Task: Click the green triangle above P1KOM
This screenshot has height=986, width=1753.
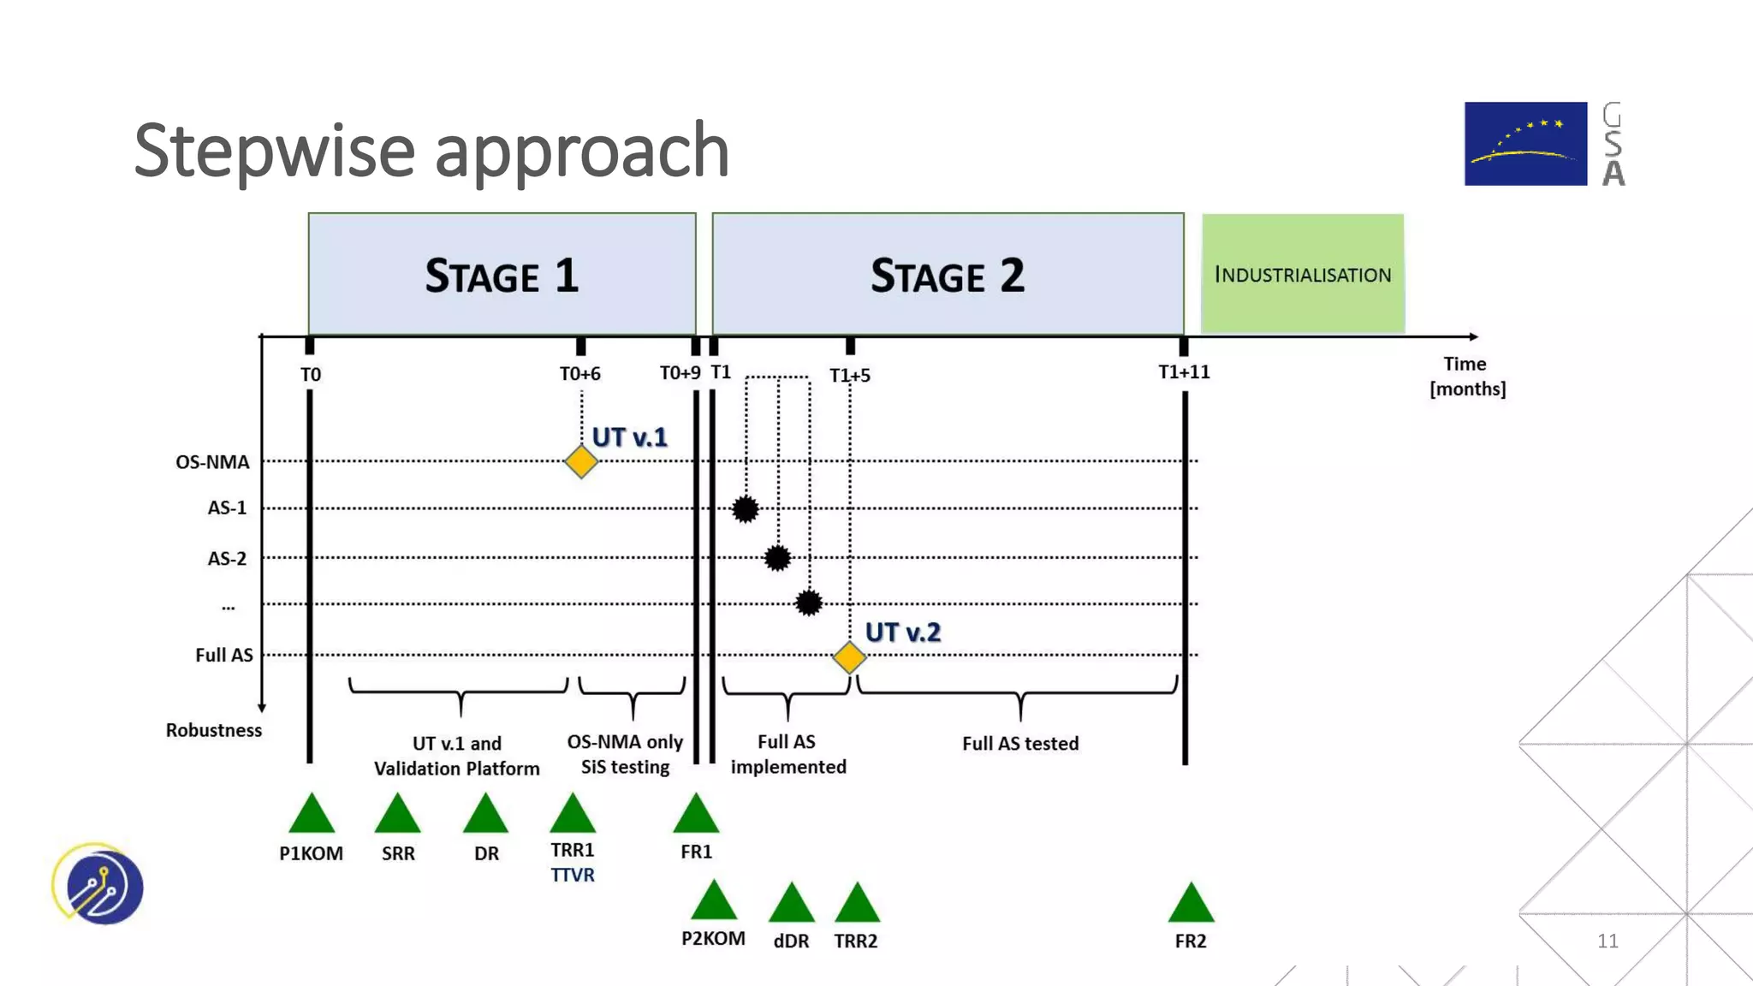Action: pyautogui.click(x=312, y=816)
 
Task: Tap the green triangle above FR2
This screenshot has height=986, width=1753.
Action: pyautogui.click(x=1191, y=905)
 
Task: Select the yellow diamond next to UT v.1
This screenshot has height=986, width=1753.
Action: pyautogui.click(x=581, y=462)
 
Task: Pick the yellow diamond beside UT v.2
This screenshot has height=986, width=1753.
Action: pyautogui.click(x=849, y=657)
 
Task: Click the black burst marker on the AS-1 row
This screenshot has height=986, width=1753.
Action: pyautogui.click(x=746, y=509)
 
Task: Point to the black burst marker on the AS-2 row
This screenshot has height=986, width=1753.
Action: pyautogui.click(x=777, y=558)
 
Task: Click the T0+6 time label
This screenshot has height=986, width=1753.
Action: pyautogui.click(x=579, y=374)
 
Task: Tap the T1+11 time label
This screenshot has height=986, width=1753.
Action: pyautogui.click(x=1184, y=372)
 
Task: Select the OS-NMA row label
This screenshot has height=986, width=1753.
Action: pyautogui.click(x=212, y=462)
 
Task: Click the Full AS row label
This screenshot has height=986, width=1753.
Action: pyautogui.click(x=223, y=655)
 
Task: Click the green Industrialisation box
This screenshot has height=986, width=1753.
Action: pyautogui.click(x=1302, y=274)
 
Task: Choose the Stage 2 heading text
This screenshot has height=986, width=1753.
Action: pyautogui.click(x=947, y=276)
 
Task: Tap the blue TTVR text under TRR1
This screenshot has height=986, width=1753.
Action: pyautogui.click(x=572, y=875)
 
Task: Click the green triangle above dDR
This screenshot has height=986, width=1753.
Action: pyautogui.click(x=792, y=905)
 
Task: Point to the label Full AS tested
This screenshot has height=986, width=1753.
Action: pyautogui.click(x=1020, y=743)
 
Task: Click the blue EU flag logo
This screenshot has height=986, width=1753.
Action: pyautogui.click(x=1525, y=144)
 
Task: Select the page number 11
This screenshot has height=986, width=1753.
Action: pyautogui.click(x=1607, y=941)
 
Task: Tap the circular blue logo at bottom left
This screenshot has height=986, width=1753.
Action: pyautogui.click(x=99, y=885)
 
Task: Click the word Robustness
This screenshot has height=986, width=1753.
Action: pyautogui.click(x=213, y=730)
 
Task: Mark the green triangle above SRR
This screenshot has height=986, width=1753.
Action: pyautogui.click(x=398, y=816)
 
